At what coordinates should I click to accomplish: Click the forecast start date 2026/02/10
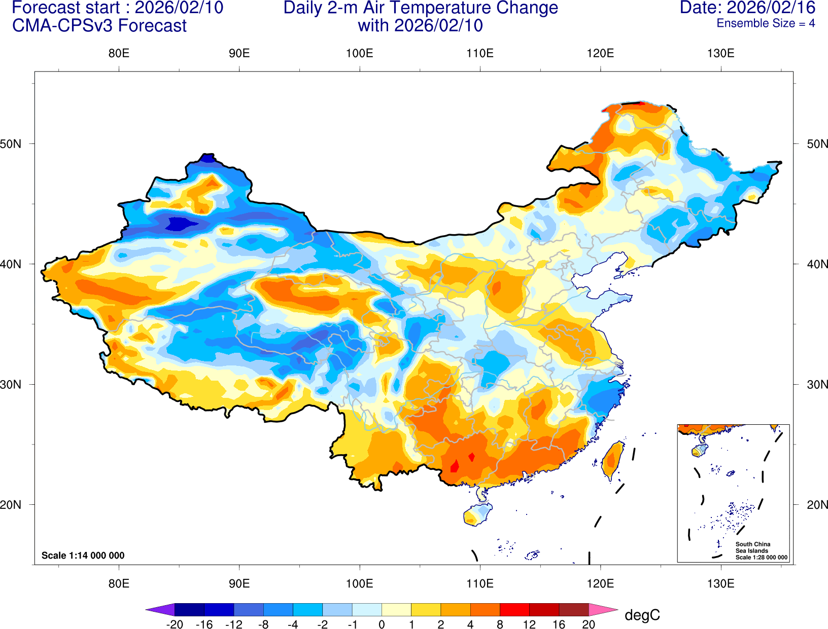[x=179, y=8]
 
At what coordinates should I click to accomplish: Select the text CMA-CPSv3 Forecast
[x=99, y=26]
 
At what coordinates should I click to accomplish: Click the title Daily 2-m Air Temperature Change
[x=421, y=8]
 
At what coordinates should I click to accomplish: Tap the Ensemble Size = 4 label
[x=766, y=23]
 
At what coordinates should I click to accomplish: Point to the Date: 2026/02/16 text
[x=747, y=8]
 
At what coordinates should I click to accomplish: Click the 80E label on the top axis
[x=119, y=53]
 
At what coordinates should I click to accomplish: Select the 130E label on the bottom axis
[x=720, y=583]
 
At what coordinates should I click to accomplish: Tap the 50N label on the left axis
[x=11, y=144]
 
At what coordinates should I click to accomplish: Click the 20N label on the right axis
[x=817, y=505]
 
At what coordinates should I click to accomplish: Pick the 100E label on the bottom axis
[x=359, y=583]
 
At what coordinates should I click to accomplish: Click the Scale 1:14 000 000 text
[x=83, y=556]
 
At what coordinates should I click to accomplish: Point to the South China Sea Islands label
[x=752, y=547]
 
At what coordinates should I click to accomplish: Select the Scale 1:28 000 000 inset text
[x=762, y=558]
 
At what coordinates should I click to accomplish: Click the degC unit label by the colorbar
[x=642, y=615]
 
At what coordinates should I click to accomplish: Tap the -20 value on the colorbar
[x=175, y=624]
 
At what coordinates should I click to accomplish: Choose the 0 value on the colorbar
[x=382, y=624]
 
